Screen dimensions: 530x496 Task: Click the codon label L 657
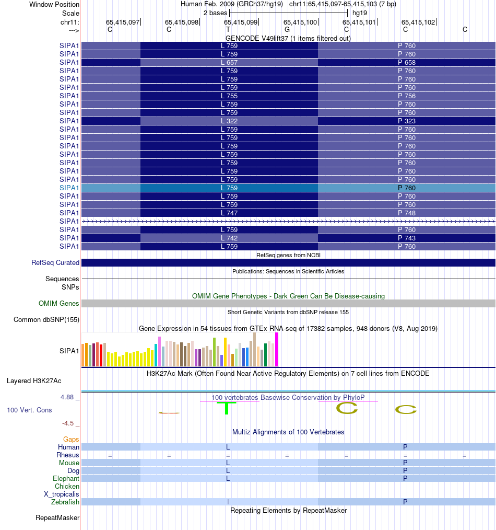(x=229, y=62)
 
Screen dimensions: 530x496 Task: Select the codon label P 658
(x=407, y=62)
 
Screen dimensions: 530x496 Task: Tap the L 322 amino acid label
(x=229, y=121)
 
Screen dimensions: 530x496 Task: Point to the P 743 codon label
(x=407, y=238)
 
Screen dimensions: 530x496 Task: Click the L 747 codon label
(x=229, y=213)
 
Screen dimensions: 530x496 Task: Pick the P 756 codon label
(x=407, y=96)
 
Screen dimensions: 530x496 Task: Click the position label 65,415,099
(x=241, y=22)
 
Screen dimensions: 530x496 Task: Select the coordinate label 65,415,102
(x=418, y=22)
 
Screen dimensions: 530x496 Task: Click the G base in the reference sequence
(x=287, y=29)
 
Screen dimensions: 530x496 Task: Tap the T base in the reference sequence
(x=228, y=29)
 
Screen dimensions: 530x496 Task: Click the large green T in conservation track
(x=227, y=408)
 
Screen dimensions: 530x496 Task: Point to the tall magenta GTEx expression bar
(x=277, y=349)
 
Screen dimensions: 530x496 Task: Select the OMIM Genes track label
(x=59, y=303)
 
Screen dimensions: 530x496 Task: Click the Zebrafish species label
(x=65, y=502)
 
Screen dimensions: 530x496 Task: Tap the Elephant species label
(x=66, y=478)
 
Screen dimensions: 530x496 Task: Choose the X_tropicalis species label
(x=62, y=494)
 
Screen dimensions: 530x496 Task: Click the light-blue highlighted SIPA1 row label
(x=69, y=188)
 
